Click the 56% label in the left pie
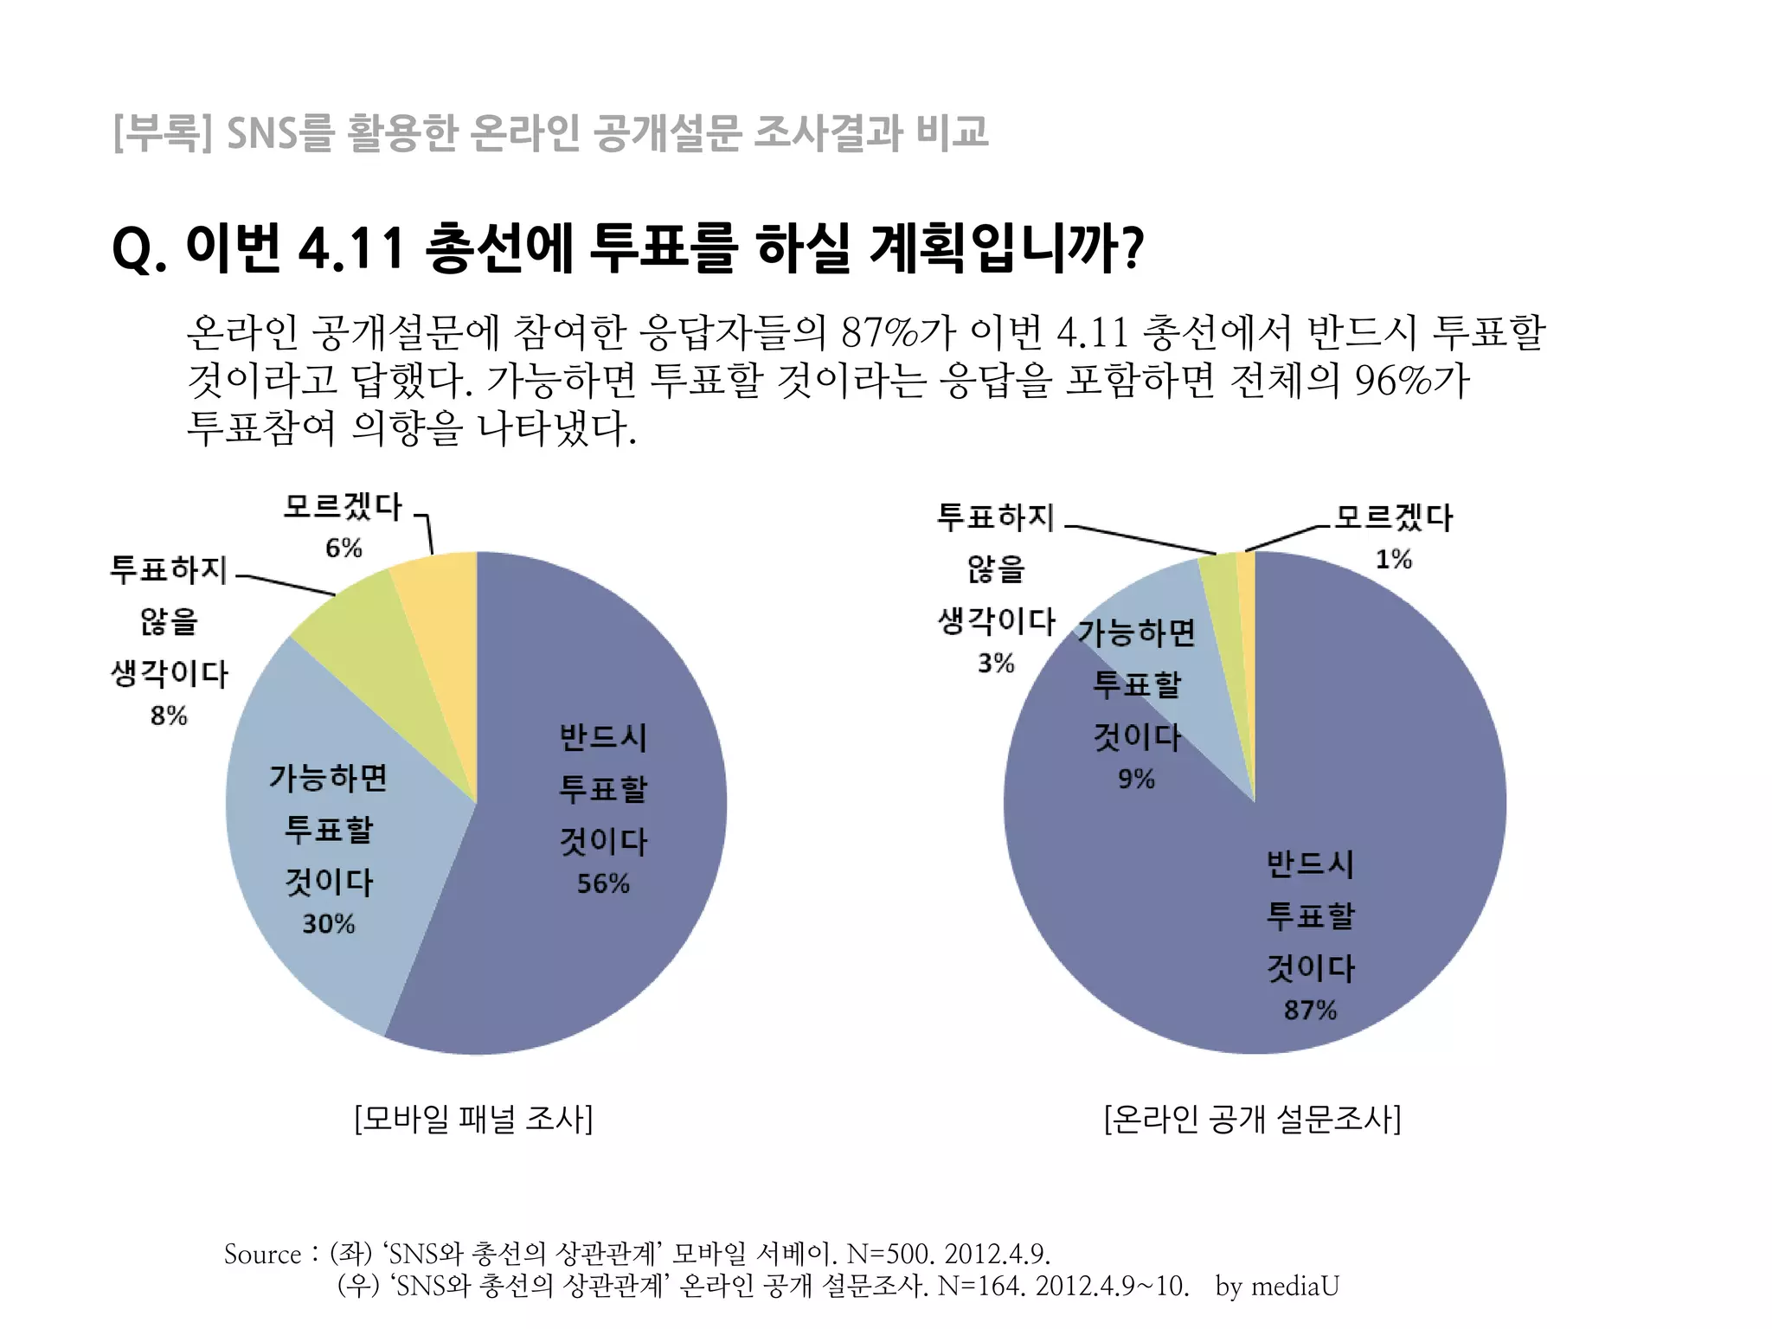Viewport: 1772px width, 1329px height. tap(603, 883)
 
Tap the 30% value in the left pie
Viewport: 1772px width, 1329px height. tap(328, 924)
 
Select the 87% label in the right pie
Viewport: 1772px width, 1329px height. tap(1310, 1010)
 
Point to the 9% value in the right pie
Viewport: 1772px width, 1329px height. tap(1136, 779)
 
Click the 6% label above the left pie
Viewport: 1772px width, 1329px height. tap(343, 548)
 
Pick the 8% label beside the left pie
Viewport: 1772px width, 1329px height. tap(169, 716)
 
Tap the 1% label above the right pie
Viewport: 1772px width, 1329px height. tap(1393, 559)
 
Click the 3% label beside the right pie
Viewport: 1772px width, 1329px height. tap(996, 663)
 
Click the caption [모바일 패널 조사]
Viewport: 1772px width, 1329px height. tap(473, 1119)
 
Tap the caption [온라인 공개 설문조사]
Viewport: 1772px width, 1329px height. tap(1252, 1119)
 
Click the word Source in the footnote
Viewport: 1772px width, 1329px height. tap(262, 1254)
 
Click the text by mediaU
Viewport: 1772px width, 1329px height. tap(1277, 1286)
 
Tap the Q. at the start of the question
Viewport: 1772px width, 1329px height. tap(138, 249)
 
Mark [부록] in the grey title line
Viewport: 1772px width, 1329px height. tap(163, 133)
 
